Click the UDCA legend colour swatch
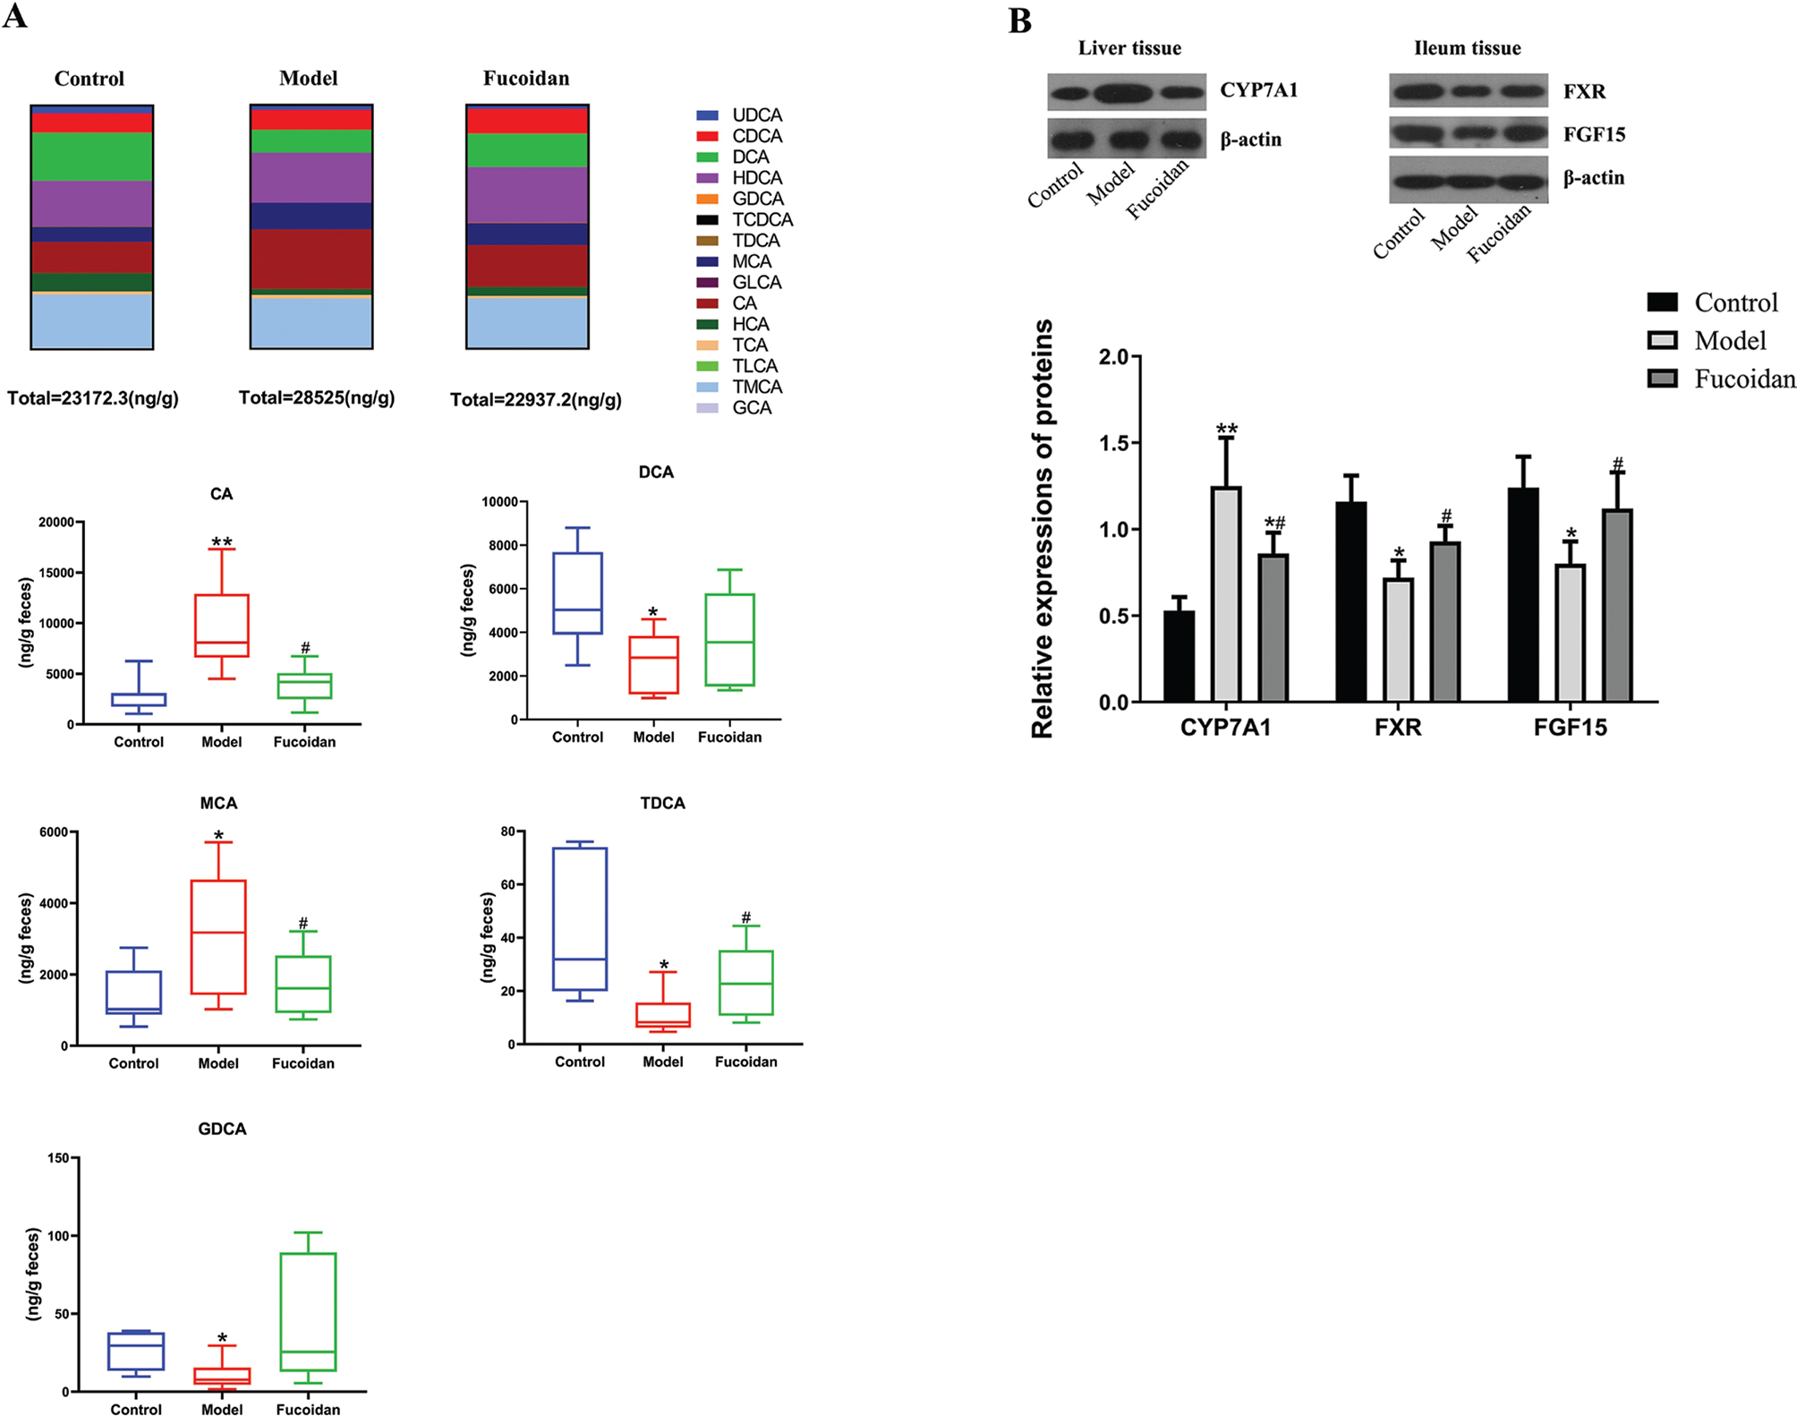[x=707, y=115]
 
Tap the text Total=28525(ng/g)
[x=317, y=398]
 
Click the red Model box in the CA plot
[x=222, y=625]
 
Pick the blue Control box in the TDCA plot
[x=580, y=918]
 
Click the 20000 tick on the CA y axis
[x=56, y=523]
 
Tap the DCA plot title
[x=656, y=473]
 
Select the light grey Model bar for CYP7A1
[x=1226, y=594]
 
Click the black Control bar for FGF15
[x=1523, y=594]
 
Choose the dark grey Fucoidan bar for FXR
[x=1445, y=621]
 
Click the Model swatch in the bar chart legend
[x=1662, y=340]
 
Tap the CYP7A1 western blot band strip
[x=1127, y=91]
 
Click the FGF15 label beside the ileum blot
[x=1594, y=134]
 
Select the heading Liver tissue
[x=1129, y=48]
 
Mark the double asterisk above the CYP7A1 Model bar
[x=1226, y=430]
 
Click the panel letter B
[x=1020, y=21]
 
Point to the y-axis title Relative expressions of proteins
[x=1043, y=528]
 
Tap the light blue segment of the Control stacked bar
[x=92, y=320]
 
